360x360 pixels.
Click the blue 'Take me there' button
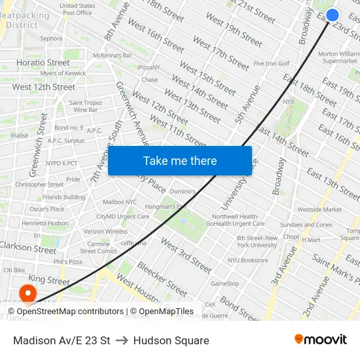pos(180,161)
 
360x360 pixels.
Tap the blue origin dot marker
pos(333,15)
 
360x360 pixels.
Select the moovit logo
pos(320,340)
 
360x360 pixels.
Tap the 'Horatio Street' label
pos(43,63)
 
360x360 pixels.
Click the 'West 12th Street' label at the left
pos(43,87)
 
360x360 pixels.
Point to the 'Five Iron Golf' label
pos(272,63)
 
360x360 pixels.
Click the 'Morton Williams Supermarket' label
pos(338,57)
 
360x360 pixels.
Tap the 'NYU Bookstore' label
pos(247,260)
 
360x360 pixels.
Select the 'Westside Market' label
pos(319,209)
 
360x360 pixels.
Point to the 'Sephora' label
pos(51,39)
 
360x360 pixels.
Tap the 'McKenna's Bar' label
pos(113,56)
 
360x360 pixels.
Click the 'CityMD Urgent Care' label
pos(122,217)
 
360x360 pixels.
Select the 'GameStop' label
pos(225,283)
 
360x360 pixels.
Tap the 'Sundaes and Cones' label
pos(306,225)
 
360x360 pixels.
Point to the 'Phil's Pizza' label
pos(67,262)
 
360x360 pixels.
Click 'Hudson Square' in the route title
pos(171,340)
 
